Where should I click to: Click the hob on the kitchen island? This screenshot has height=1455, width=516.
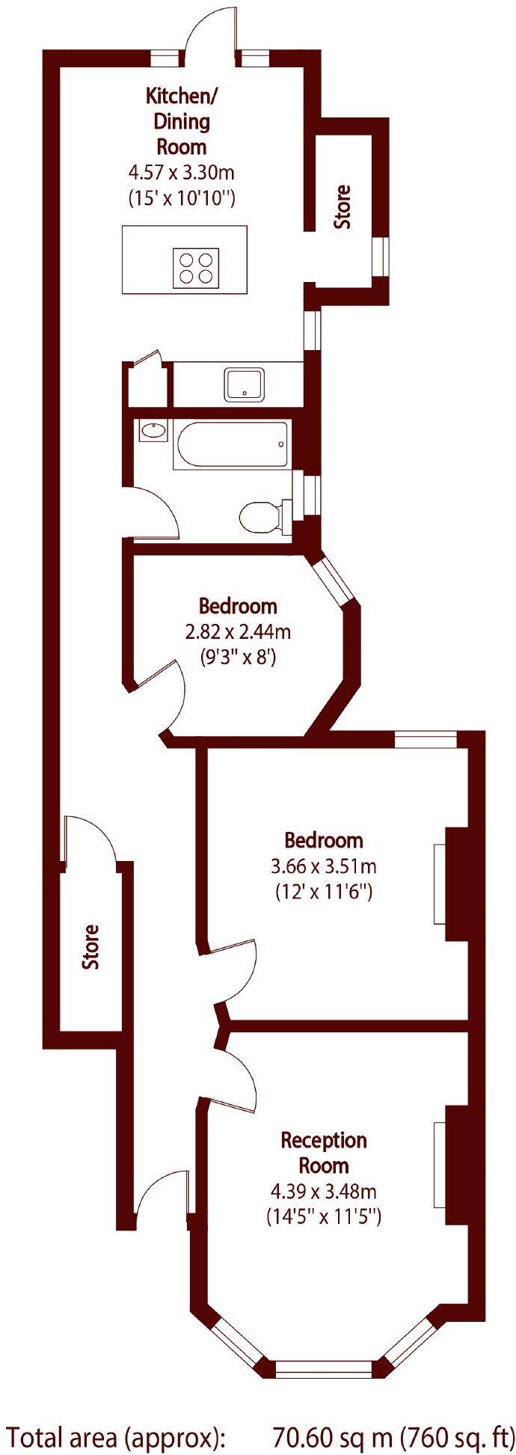pyautogui.click(x=197, y=267)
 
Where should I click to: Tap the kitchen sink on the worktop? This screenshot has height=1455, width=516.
pyautogui.click(x=245, y=385)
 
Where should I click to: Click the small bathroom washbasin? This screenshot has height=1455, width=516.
pyautogui.click(x=153, y=431)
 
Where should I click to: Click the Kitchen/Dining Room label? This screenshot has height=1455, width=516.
pyautogui.click(x=182, y=120)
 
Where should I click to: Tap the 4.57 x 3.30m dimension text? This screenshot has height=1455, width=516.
pyautogui.click(x=182, y=173)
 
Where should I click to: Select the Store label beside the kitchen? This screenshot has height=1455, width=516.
pyautogui.click(x=343, y=207)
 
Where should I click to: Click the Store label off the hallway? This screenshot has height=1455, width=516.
pyautogui.click(x=90, y=947)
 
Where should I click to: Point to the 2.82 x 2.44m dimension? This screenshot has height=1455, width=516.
pyautogui.click(x=238, y=632)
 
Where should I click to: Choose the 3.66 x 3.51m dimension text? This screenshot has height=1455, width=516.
pyautogui.click(x=323, y=866)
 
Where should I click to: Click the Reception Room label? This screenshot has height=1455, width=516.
pyautogui.click(x=324, y=1153)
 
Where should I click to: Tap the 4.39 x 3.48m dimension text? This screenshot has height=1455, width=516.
pyautogui.click(x=324, y=1191)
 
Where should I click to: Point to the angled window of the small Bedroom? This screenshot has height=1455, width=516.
pyautogui.click(x=333, y=579)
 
